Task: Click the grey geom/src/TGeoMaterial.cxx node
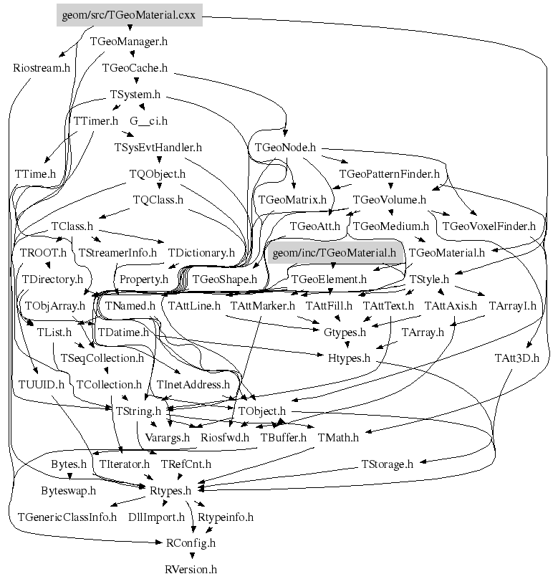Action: click(129, 14)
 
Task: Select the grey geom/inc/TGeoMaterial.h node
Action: click(335, 252)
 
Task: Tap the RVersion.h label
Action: click(191, 570)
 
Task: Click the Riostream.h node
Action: click(42, 68)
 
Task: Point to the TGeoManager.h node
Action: click(129, 42)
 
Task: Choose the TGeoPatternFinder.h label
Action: click(389, 174)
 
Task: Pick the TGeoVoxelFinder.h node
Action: click(489, 226)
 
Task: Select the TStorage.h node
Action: click(386, 464)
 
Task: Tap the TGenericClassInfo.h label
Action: click(67, 517)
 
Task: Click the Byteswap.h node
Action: click(68, 491)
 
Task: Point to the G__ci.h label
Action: click(148, 121)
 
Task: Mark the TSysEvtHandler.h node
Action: click(158, 148)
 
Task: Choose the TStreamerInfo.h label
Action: click(117, 253)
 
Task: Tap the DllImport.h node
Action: click(156, 517)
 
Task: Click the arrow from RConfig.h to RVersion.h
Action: click(191, 557)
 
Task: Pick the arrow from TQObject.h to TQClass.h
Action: click(158, 187)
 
